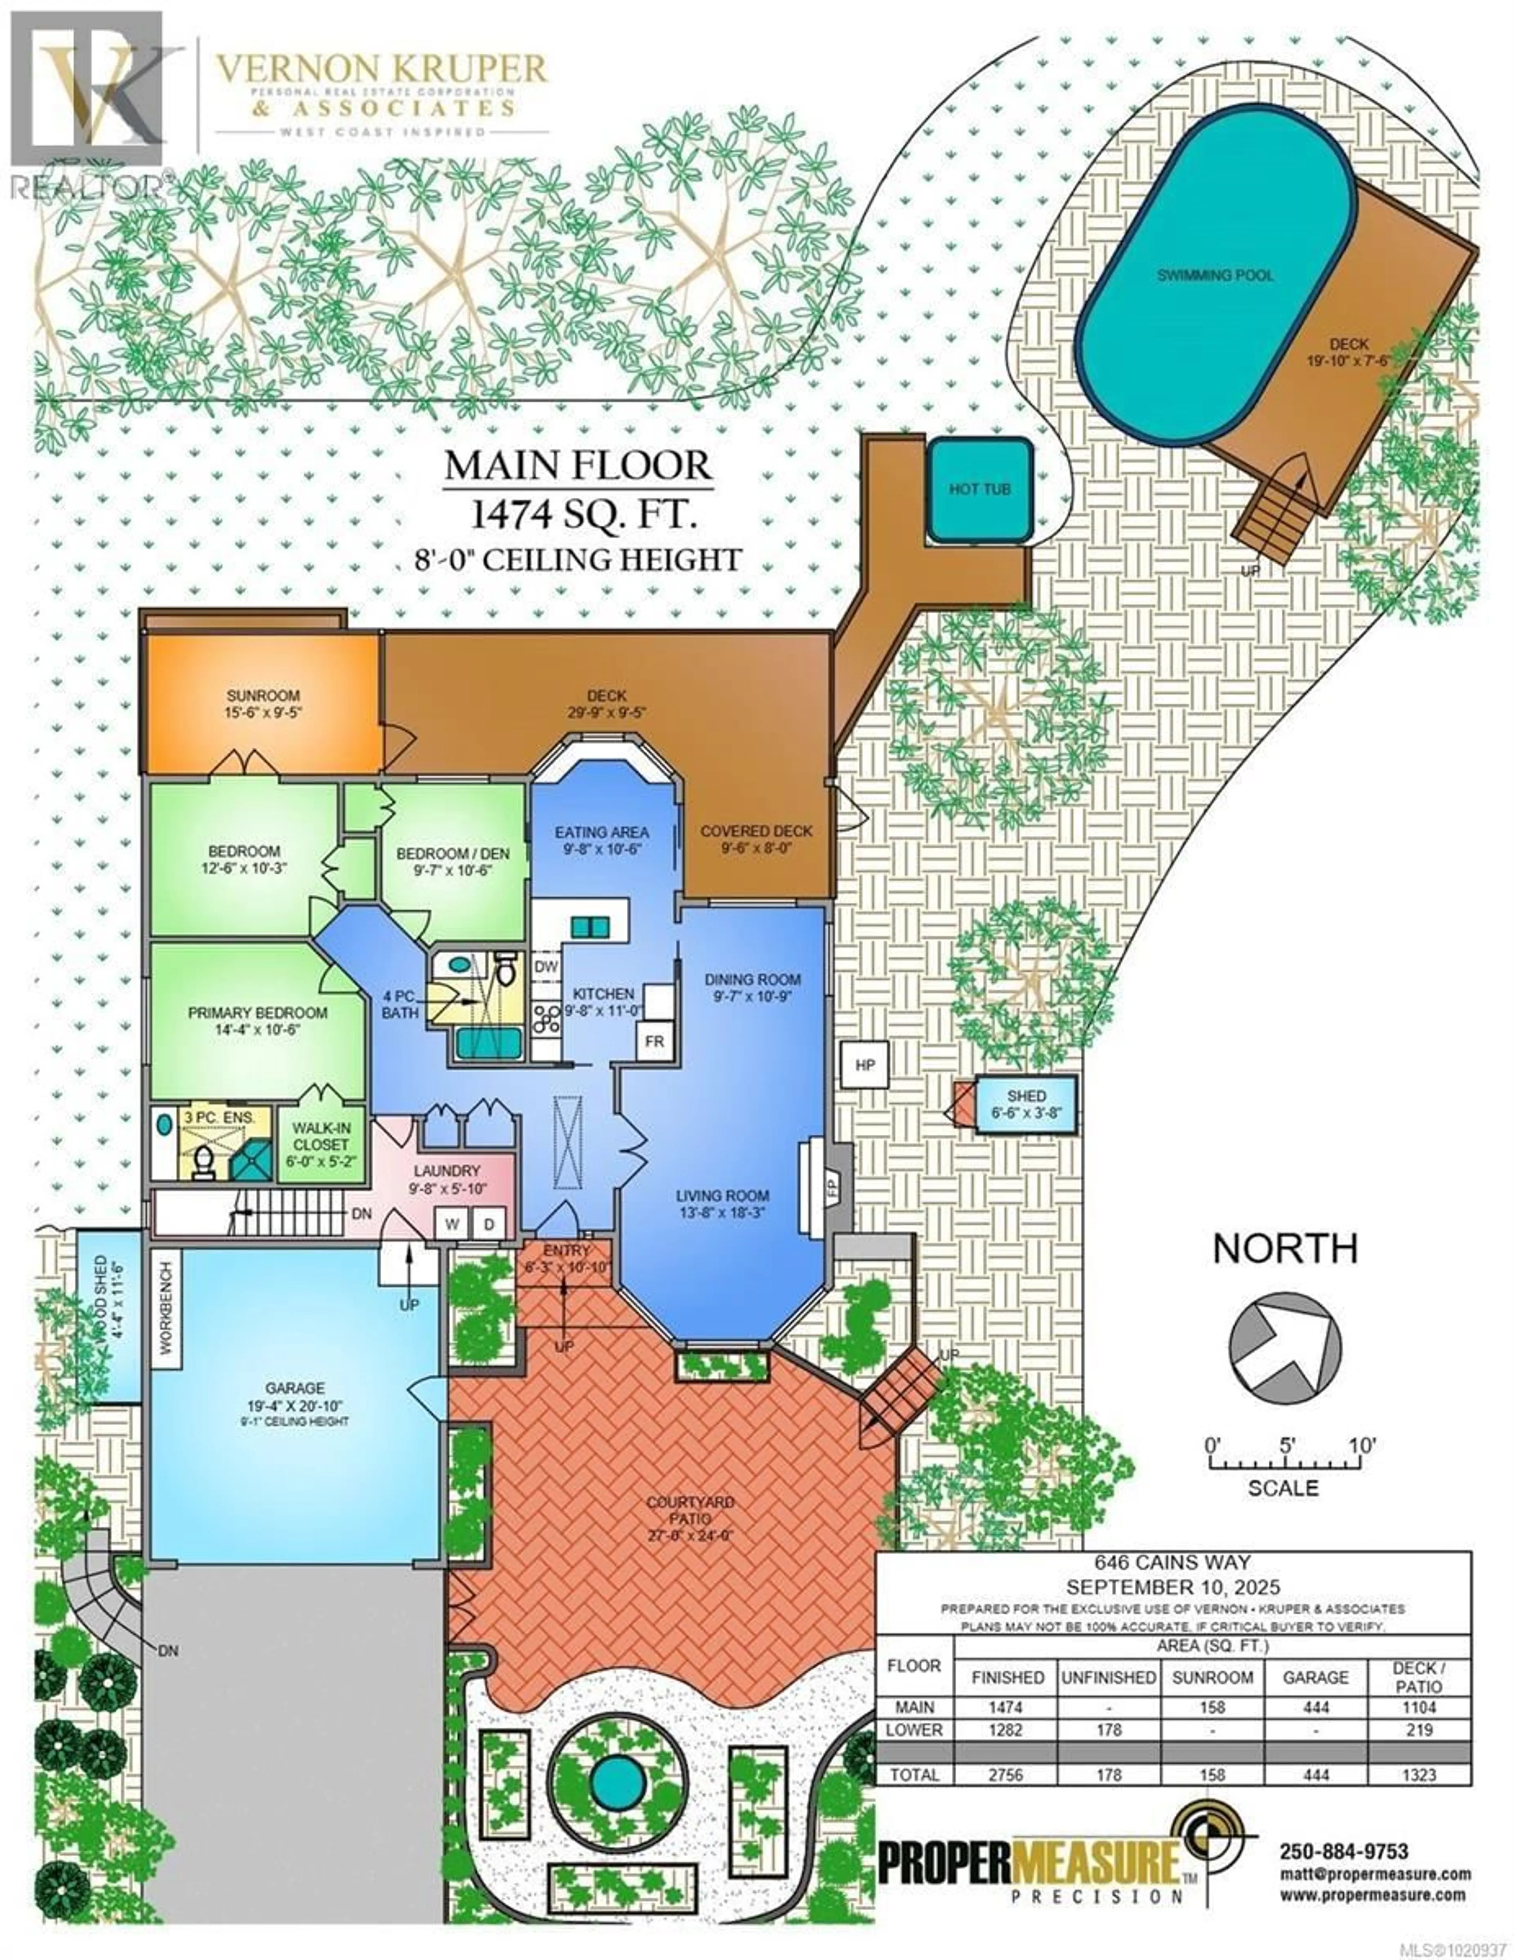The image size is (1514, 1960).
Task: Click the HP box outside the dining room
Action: (864, 1065)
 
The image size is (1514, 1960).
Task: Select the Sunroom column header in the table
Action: (1212, 1677)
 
